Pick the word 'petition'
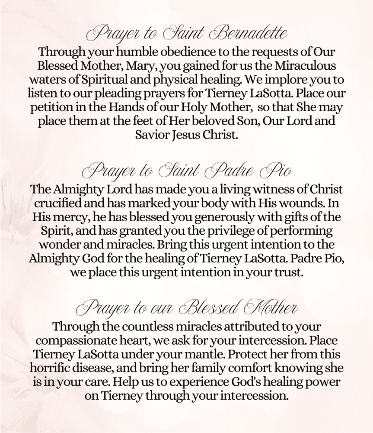point(51,108)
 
